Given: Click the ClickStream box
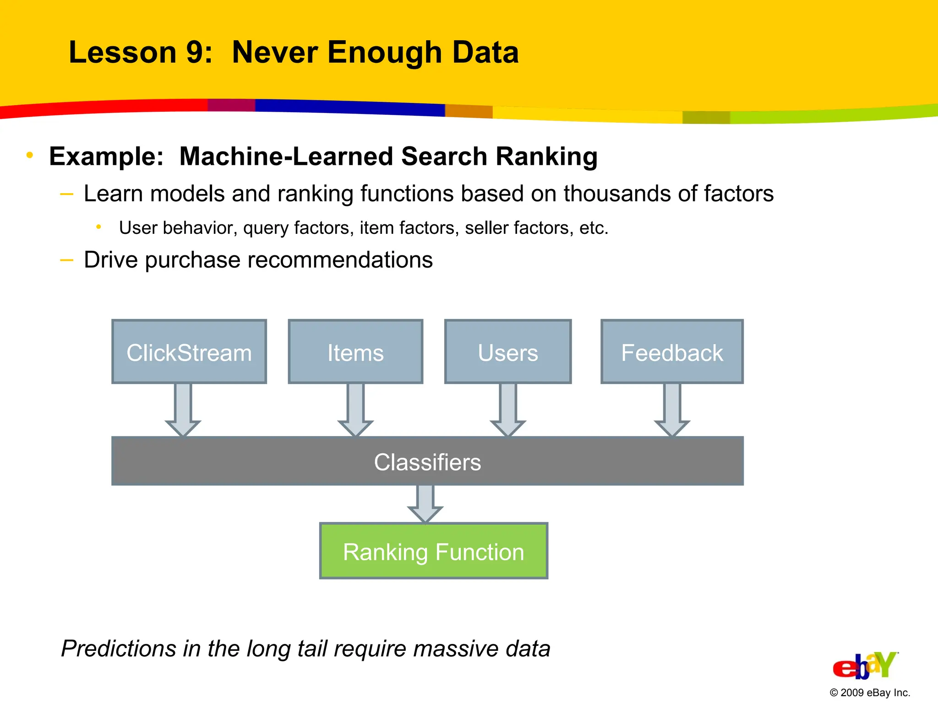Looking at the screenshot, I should click(189, 351).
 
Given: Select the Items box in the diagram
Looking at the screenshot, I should click(355, 351).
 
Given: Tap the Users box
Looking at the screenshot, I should click(508, 351).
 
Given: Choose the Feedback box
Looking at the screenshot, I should click(672, 351).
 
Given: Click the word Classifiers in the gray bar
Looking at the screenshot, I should click(427, 462).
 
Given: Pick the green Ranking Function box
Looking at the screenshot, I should click(433, 551).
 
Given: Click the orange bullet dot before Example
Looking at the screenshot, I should click(30, 155).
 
